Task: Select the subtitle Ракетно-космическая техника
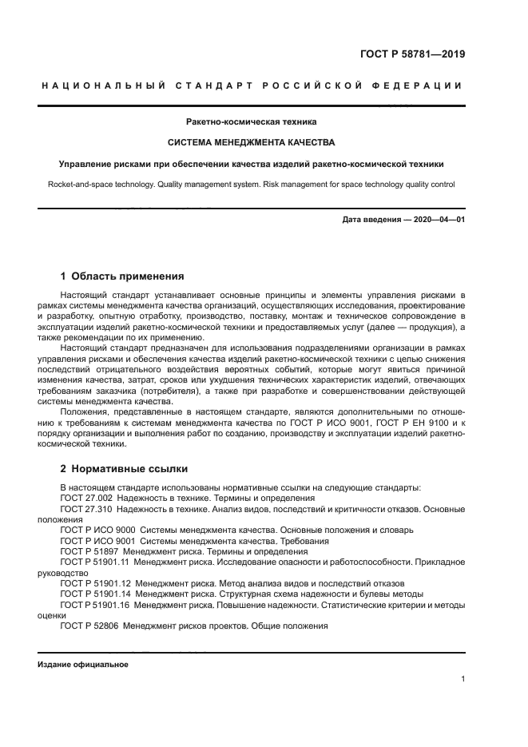pyautogui.click(x=251, y=122)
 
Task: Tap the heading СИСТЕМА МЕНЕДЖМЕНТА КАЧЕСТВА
pyautogui.click(x=251, y=143)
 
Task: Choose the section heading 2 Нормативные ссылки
pyautogui.click(x=124, y=468)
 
